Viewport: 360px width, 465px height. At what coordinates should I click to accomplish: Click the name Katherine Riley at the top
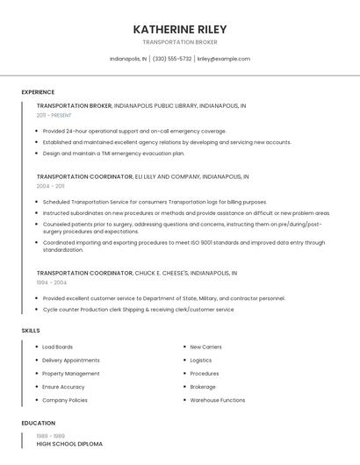[x=179, y=29]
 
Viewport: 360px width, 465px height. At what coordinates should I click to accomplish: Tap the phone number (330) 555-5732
[x=172, y=59]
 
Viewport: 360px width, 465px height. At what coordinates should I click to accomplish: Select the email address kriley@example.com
[x=223, y=59]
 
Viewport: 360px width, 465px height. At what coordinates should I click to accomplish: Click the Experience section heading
[x=38, y=92]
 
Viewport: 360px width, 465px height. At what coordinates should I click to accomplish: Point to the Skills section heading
[x=31, y=330]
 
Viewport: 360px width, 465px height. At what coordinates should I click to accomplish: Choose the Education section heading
[x=38, y=423]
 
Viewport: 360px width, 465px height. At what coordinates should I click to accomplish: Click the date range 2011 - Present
[x=54, y=115]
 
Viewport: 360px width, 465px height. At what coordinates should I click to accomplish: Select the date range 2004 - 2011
[x=50, y=186]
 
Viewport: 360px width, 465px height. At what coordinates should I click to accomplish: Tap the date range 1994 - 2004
[x=51, y=283]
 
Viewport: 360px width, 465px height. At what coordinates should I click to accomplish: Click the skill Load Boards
[x=57, y=347]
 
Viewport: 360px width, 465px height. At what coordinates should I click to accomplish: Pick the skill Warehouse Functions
[x=217, y=400]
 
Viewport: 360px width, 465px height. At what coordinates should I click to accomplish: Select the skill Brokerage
[x=203, y=387]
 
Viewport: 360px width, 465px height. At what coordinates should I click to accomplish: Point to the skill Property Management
[x=70, y=374]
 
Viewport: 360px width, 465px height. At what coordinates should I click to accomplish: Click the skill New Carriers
[x=205, y=347]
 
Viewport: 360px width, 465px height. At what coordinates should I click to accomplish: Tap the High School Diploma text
[x=69, y=444]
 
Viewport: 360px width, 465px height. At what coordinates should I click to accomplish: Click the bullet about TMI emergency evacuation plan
[x=113, y=153]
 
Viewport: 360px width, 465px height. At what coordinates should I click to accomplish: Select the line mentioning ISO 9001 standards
[x=184, y=242]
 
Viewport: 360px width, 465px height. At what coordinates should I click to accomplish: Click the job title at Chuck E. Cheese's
[x=84, y=273]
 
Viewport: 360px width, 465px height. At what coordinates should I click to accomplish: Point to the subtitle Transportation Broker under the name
[x=179, y=42]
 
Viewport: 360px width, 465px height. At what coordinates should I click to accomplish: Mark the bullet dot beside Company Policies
[x=36, y=400]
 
